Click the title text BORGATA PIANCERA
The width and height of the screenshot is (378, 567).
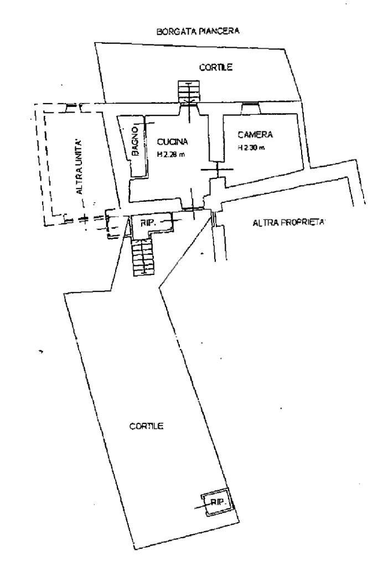198,31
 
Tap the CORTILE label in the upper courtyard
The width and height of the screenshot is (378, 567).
216,67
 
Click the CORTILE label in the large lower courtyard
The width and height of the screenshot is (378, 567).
146,426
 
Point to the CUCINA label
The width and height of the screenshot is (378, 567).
172,142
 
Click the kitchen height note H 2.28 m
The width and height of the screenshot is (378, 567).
171,155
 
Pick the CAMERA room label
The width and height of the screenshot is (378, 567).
255,135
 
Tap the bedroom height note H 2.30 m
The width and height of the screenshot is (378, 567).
251,147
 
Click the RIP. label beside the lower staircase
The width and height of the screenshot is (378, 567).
148,223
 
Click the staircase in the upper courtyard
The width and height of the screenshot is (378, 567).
189,91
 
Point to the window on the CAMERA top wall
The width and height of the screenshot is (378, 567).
251,108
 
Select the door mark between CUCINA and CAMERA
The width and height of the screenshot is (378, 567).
218,169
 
